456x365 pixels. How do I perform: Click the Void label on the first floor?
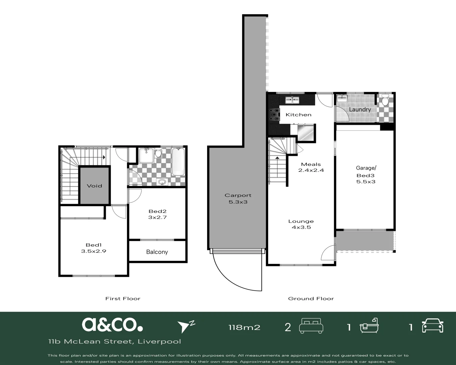click(94, 186)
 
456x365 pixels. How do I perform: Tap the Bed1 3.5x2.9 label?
click(94, 248)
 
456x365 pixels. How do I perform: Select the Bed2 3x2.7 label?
click(157, 214)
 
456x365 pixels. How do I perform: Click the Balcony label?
click(157, 252)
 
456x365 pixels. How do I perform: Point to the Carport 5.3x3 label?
click(238, 198)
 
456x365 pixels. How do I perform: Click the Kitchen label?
click(299, 115)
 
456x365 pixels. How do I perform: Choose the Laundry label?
click(360, 109)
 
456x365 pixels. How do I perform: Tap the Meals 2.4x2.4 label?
click(311, 167)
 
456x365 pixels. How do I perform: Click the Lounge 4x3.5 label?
click(301, 224)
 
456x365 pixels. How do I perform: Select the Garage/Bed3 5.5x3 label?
click(366, 175)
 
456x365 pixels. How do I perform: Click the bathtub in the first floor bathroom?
click(178, 162)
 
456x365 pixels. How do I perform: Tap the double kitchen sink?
click(292, 100)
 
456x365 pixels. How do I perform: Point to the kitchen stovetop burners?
click(274, 115)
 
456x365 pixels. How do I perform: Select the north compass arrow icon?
click(186, 326)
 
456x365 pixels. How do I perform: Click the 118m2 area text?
click(244, 327)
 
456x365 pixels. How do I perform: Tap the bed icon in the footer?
click(311, 326)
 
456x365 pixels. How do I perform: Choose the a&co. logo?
click(112, 324)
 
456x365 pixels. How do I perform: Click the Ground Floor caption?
click(311, 299)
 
